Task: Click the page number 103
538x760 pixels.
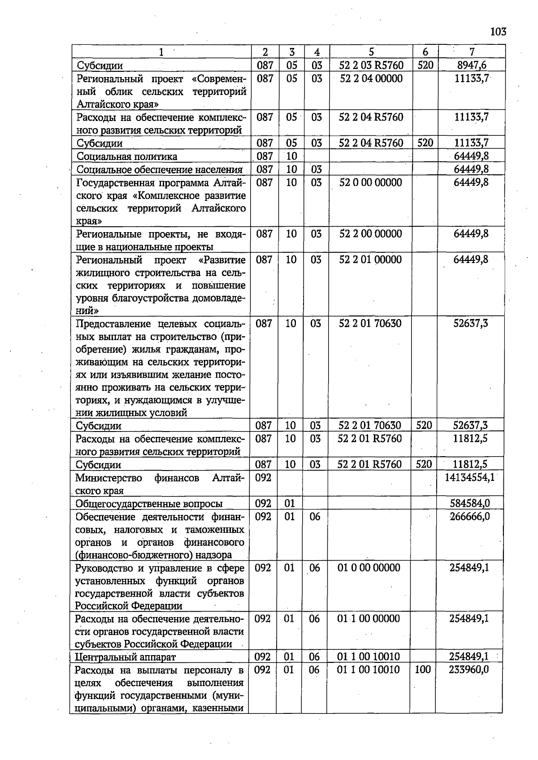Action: coord(498,32)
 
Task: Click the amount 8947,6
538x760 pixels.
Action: coord(471,65)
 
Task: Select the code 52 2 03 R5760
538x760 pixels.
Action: coord(371,65)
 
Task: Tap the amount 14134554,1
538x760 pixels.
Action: coord(469,478)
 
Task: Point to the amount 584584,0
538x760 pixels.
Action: coord(469,504)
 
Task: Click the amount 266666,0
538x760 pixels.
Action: coord(469,517)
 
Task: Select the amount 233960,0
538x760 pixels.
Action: coord(469,669)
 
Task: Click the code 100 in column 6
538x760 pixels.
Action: coord(422,669)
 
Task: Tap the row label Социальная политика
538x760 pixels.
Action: coord(127,156)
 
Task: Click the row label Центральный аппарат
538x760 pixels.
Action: coord(126,657)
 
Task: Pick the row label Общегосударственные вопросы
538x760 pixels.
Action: coord(149,504)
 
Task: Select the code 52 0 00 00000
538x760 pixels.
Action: coord(371,182)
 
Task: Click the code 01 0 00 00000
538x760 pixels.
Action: coord(369,568)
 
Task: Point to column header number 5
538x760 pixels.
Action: coord(371,52)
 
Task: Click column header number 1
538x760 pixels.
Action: coord(161,52)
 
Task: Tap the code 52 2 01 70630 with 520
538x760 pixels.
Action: coord(370,425)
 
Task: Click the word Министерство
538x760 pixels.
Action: coord(108,478)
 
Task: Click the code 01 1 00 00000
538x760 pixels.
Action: coord(369,619)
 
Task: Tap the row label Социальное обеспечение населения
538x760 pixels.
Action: coord(160,169)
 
